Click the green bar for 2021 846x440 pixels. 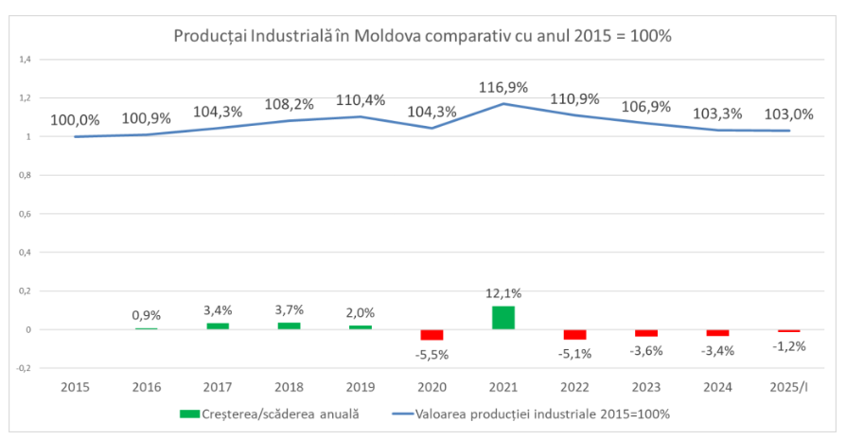(503, 318)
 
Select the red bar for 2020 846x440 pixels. (432, 335)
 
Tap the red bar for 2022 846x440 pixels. (574, 334)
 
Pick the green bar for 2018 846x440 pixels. (290, 326)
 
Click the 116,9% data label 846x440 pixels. (503, 87)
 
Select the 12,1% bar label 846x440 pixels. (503, 294)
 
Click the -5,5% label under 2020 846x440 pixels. (432, 354)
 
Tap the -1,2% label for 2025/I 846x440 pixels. (788, 346)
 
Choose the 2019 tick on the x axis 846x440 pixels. (361, 387)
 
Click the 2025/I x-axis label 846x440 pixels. (788, 387)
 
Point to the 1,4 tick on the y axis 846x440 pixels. (26, 60)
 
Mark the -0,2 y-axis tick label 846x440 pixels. (25, 368)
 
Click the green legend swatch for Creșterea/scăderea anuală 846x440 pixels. (189, 414)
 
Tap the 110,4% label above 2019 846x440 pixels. (361, 99)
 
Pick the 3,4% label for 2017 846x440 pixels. (218, 309)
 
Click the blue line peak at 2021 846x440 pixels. (503, 103)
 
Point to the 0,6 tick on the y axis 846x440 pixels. (26, 214)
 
